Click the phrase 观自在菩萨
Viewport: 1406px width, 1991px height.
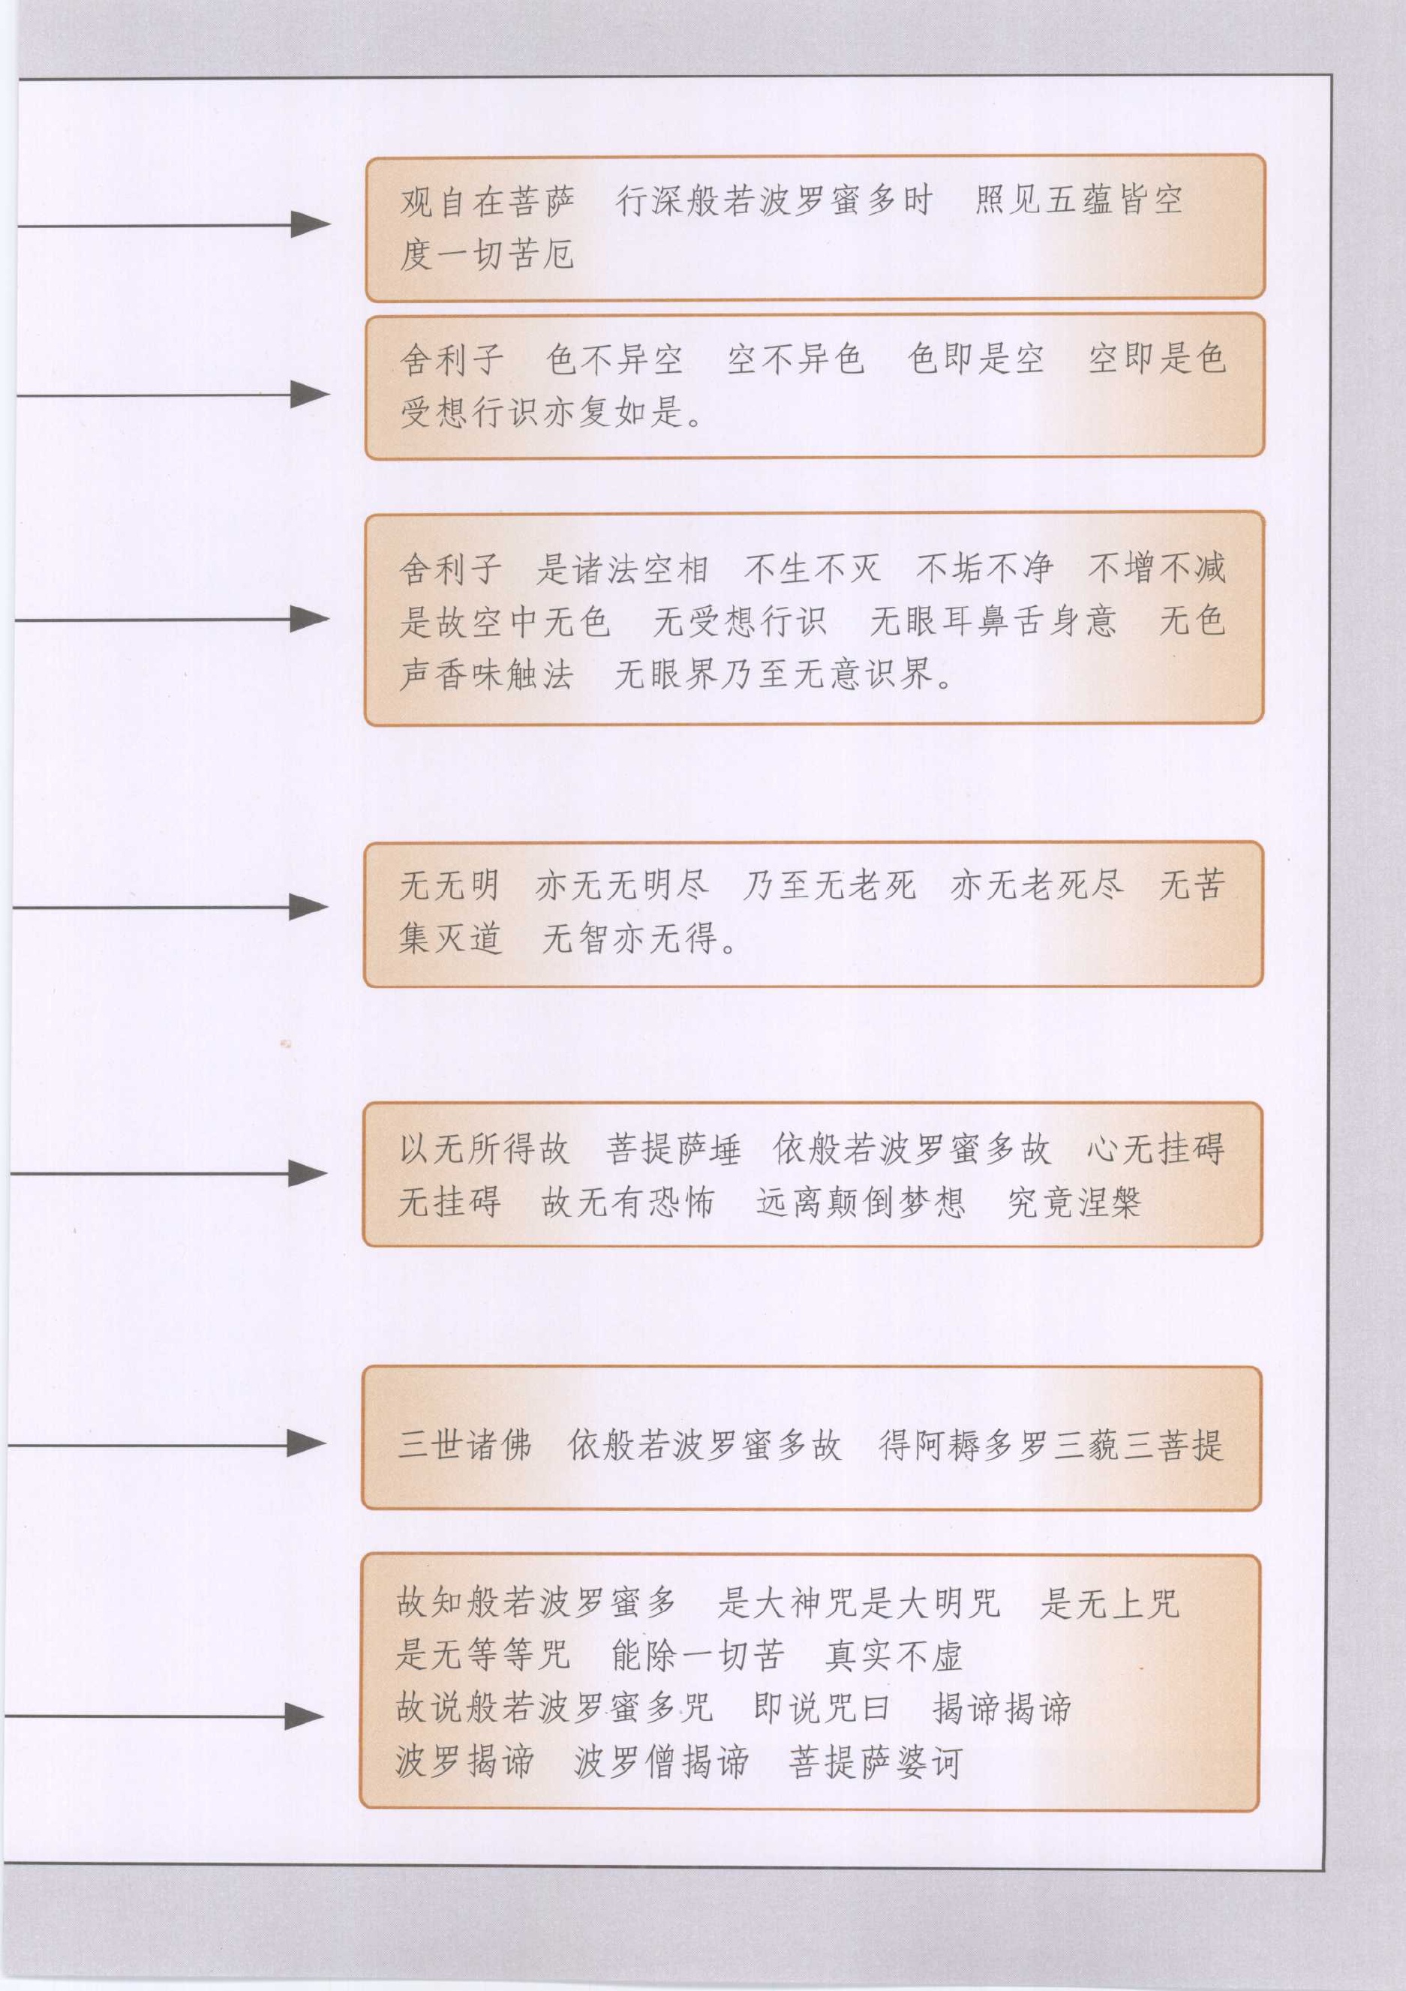point(488,201)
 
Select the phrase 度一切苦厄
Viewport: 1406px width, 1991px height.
point(487,254)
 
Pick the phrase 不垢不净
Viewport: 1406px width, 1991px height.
point(984,569)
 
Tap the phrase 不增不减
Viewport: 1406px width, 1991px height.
point(1156,569)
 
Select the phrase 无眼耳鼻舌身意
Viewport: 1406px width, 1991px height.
point(993,621)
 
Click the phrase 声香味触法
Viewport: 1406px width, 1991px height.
point(487,674)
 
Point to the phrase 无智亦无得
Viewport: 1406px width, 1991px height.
point(630,938)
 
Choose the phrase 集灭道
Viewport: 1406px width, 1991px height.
point(450,938)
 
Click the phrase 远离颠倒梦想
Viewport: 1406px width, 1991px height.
point(861,1202)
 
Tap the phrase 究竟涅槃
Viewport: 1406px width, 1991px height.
point(1074,1202)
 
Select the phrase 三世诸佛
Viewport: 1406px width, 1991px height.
point(465,1445)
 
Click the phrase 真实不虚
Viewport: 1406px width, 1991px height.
point(894,1656)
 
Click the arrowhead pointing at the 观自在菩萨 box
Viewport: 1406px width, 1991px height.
point(310,224)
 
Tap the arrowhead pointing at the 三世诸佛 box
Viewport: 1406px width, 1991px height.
point(306,1444)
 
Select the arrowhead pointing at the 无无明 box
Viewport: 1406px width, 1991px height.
point(308,908)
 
